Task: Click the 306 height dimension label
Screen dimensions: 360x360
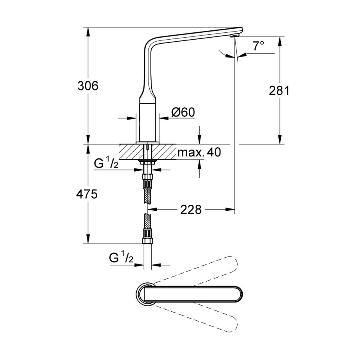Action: pyautogui.click(x=88, y=86)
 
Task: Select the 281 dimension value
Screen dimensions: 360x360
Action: pyautogui.click(x=279, y=90)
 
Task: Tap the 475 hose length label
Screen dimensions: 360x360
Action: pyautogui.click(x=87, y=194)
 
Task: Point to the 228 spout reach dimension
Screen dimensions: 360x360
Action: pyautogui.click(x=191, y=210)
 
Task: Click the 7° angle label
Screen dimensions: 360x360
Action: pyautogui.click(x=258, y=46)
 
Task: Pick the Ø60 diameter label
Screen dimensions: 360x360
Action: pyautogui.click(x=183, y=112)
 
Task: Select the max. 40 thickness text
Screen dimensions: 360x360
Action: pyautogui.click(x=199, y=152)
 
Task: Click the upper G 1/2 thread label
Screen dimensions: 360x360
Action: pyautogui.click(x=106, y=164)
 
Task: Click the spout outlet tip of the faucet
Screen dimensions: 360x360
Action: pyautogui.click(x=236, y=36)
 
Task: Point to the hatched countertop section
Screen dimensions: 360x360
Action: pyautogui.click(x=147, y=152)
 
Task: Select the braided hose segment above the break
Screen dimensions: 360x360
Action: pyautogui.click(x=147, y=192)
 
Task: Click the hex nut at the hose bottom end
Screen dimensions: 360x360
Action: pyautogui.click(x=147, y=241)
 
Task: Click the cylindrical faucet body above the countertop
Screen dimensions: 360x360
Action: pyautogui.click(x=147, y=123)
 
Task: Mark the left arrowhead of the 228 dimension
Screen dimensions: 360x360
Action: pyautogui.click(x=152, y=210)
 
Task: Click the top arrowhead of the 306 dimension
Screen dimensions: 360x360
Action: pyautogui.click(x=88, y=32)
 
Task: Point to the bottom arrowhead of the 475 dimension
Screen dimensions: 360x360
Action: pyautogui.click(x=88, y=239)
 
